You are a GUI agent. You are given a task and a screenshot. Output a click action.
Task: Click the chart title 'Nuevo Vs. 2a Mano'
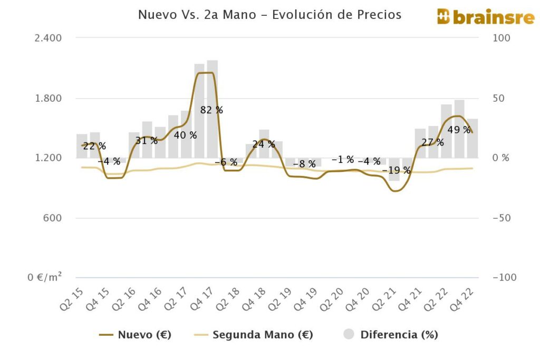(269, 15)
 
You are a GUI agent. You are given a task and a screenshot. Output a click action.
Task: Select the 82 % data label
(211, 110)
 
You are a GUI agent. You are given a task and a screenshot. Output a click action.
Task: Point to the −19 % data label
(396, 170)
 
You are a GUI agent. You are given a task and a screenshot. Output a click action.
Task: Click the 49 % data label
(459, 130)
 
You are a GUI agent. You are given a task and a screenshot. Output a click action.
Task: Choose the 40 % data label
(185, 135)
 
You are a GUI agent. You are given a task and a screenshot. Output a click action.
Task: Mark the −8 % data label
(304, 164)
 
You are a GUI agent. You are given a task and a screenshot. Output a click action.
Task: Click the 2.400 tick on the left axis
(48, 38)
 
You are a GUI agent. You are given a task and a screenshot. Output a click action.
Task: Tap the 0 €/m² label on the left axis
(45, 277)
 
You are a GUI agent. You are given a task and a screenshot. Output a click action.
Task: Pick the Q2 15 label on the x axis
(71, 299)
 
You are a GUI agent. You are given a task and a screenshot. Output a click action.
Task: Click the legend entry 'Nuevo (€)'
(136, 335)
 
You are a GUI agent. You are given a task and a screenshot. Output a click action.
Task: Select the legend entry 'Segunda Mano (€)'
(253, 335)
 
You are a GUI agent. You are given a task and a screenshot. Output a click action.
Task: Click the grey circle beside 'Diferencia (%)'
(349, 335)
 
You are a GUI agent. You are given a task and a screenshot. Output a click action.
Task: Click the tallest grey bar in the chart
(213, 109)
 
